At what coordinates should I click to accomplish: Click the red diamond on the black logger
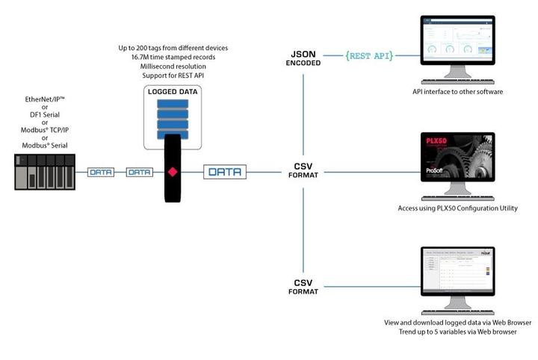tap(173, 173)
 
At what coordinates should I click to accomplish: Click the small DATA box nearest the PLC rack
tap(101, 172)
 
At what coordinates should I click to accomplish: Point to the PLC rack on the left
tap(46, 171)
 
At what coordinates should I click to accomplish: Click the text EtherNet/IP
tap(46, 99)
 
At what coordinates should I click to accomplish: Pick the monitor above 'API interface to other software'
tap(457, 47)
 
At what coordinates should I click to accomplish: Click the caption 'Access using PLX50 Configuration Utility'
tap(457, 208)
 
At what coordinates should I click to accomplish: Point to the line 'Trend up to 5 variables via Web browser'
tap(457, 332)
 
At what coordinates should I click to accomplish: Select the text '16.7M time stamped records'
tap(173, 58)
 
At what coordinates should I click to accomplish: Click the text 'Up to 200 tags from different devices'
tap(173, 48)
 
